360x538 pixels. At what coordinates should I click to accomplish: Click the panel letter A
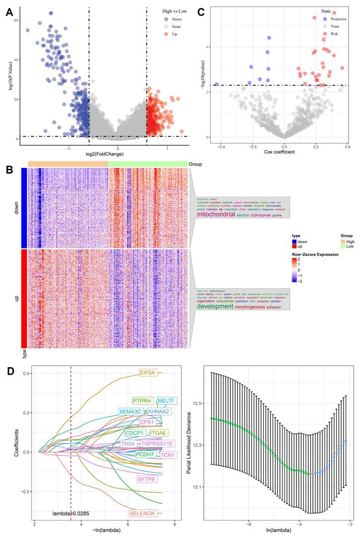pos(9,12)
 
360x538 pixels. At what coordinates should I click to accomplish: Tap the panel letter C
pos(201,12)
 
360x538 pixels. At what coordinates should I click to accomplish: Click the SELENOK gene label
pos(143,513)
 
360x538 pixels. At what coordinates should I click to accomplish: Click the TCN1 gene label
pos(168,455)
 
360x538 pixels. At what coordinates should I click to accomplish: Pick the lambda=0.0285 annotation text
pos(72,513)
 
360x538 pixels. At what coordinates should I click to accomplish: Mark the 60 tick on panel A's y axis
pos(15,20)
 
